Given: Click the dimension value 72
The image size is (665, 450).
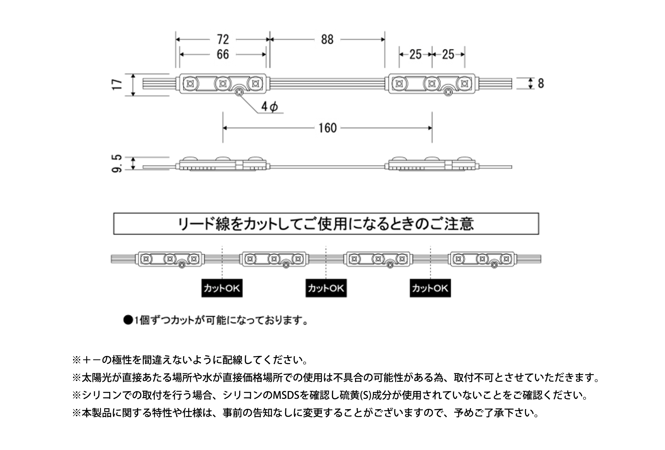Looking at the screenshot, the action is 223,39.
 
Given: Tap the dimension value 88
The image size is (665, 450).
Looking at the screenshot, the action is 327,39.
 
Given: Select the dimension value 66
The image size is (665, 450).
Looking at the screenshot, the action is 223,55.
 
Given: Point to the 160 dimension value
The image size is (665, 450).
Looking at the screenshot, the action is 328,128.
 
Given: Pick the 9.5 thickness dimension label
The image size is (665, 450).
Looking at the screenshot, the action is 117,164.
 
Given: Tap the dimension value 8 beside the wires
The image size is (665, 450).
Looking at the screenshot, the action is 541,83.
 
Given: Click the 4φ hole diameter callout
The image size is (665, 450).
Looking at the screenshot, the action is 269,107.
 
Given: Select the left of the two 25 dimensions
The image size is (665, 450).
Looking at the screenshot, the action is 415,55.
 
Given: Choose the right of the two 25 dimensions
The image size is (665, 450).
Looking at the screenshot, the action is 448,55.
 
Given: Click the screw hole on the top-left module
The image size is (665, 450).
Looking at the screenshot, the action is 238,92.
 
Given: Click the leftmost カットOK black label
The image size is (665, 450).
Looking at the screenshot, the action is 222,288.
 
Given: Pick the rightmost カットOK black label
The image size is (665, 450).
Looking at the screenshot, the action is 430,288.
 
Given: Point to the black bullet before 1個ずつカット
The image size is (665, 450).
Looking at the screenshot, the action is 128,320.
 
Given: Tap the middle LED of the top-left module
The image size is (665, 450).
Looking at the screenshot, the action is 223,84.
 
